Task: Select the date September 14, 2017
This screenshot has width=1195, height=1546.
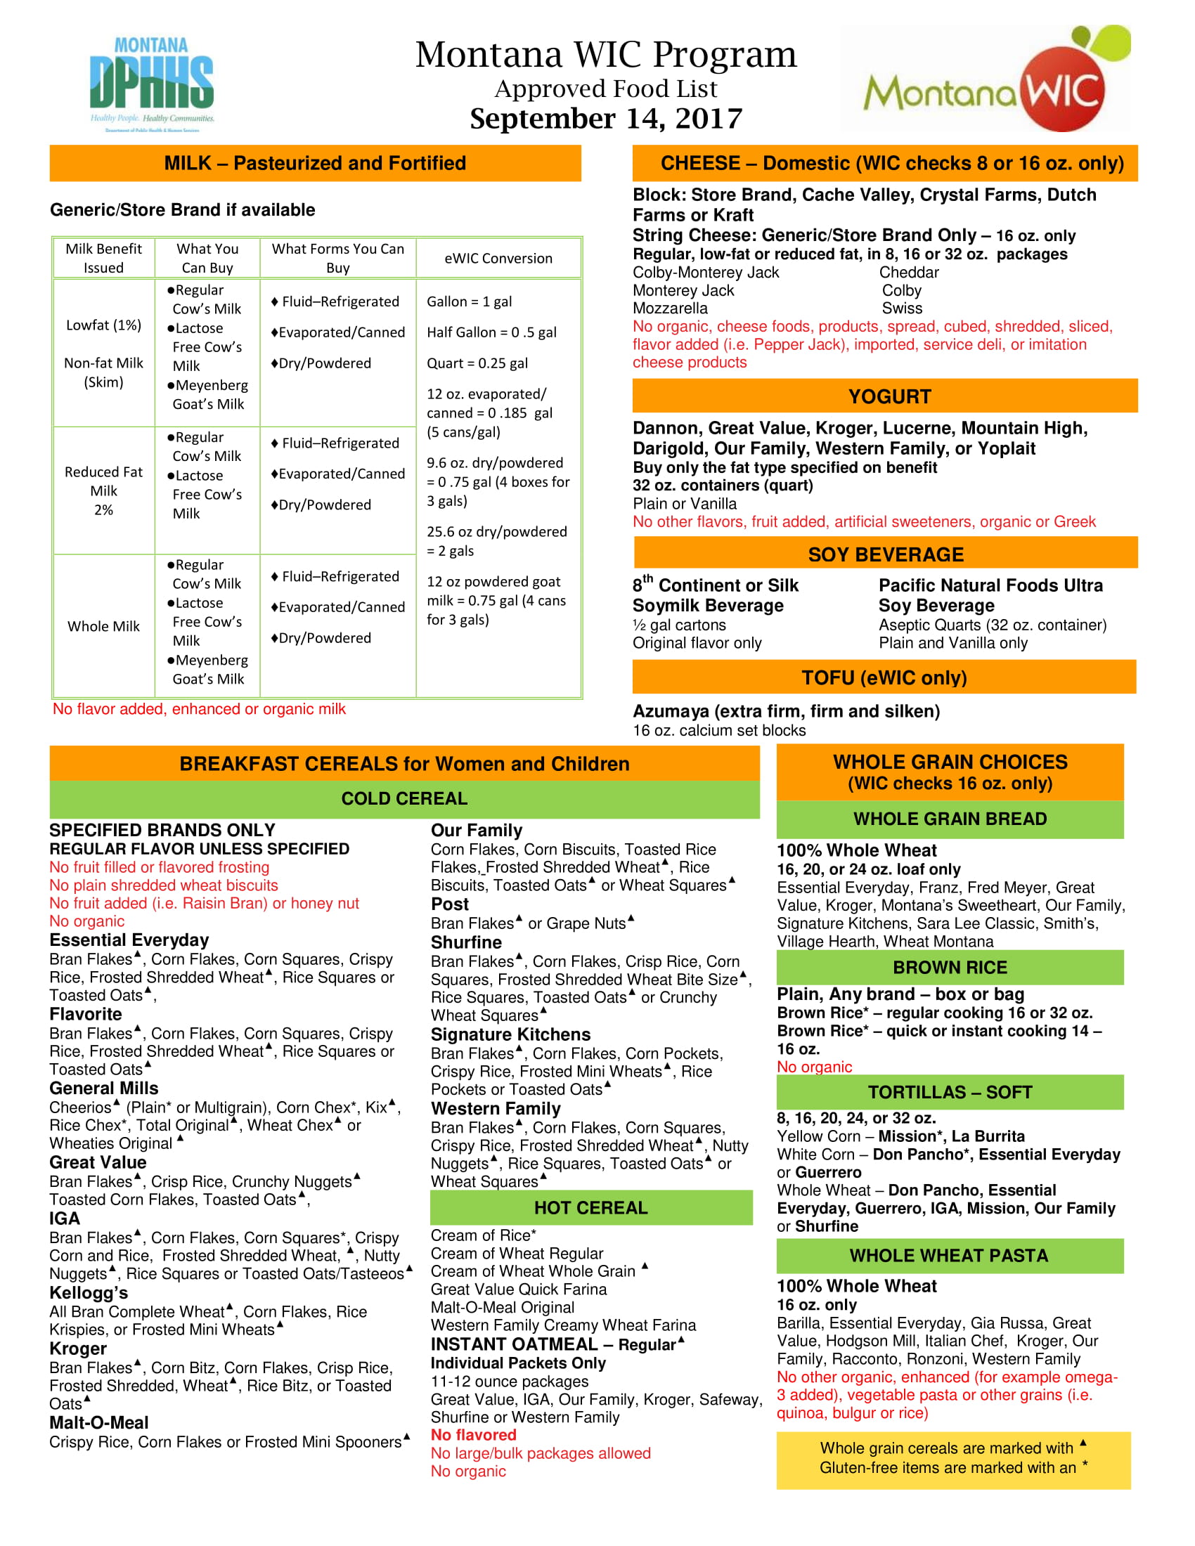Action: [x=606, y=119]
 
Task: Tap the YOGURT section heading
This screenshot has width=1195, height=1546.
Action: [x=889, y=396]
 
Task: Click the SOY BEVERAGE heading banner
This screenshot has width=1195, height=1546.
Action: [x=886, y=554]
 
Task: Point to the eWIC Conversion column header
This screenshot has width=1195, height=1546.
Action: [x=498, y=259]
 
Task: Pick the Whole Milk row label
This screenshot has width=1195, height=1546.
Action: [x=103, y=626]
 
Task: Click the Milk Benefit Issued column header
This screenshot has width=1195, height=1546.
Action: [x=103, y=259]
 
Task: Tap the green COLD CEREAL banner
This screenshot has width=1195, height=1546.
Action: [x=404, y=798]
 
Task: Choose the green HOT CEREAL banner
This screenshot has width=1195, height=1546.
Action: [x=590, y=1207]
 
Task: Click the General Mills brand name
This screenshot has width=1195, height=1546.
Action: [x=104, y=1088]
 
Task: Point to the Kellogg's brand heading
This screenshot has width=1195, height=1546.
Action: [x=89, y=1292]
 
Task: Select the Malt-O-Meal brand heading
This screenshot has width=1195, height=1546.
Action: [x=99, y=1423]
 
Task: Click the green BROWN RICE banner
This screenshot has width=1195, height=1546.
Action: [x=950, y=968]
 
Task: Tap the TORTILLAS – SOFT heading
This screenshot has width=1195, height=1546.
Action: [x=950, y=1092]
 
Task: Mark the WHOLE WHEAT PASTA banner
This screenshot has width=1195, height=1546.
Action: [x=949, y=1256]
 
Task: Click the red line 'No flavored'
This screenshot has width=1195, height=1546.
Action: [x=474, y=1435]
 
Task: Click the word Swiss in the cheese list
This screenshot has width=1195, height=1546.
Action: [x=902, y=308]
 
